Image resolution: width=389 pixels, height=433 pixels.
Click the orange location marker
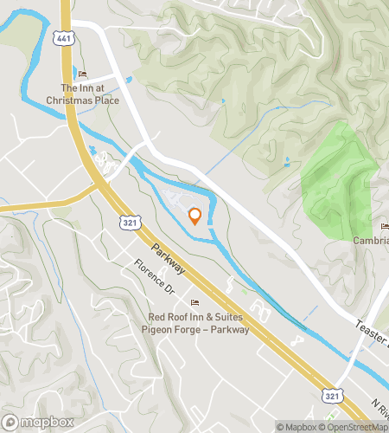pos(195,216)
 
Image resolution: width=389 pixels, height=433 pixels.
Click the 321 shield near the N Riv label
pos(331,394)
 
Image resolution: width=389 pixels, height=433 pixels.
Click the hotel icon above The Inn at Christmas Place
pos(83,73)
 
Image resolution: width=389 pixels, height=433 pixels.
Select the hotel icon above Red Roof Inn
pos(194,302)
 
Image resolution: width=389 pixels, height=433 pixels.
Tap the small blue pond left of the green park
pos(287,161)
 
